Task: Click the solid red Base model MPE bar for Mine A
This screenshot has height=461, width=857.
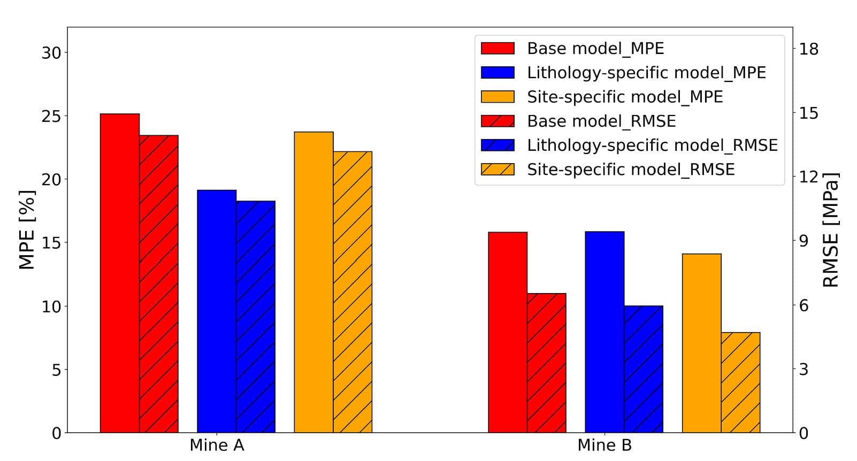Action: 120,273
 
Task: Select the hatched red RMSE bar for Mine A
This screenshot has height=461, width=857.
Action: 158,283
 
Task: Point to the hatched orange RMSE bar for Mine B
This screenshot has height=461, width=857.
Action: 740,382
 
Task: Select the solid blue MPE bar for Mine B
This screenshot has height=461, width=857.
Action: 605,332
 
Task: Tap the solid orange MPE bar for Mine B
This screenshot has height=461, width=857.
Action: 701,343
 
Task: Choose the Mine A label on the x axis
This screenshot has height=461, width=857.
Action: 217,445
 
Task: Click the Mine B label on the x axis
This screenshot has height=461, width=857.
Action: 605,445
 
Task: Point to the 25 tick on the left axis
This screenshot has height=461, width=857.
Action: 51,116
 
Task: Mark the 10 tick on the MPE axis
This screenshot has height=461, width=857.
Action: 51,306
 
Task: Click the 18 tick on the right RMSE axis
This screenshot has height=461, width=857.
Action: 809,49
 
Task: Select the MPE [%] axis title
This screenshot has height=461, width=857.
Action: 27,230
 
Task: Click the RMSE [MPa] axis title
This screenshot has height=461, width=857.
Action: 830,230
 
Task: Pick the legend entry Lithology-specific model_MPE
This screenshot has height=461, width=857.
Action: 646,73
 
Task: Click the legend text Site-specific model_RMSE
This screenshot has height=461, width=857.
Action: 631,170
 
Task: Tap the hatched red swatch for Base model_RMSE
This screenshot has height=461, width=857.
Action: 498,121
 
